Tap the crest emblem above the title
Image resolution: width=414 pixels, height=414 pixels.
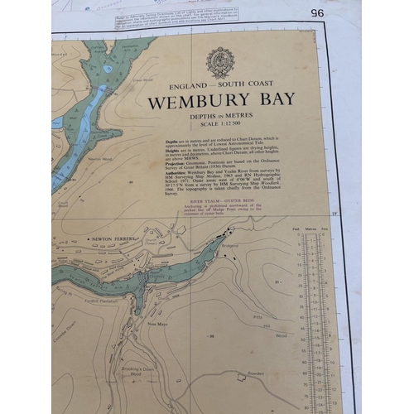point(220,63)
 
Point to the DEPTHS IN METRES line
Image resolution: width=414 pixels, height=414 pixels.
point(221,118)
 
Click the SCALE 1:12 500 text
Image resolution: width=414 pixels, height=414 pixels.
point(221,126)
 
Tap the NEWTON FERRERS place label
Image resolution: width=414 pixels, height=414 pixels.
point(113,238)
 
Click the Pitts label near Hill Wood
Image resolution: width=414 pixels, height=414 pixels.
point(257,316)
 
